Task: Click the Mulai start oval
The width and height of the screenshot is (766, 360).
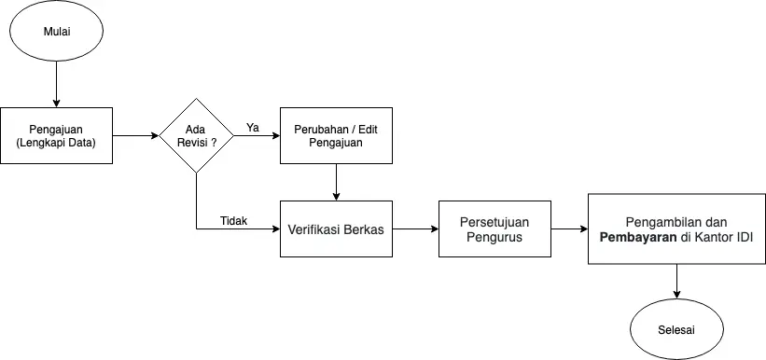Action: coord(56,33)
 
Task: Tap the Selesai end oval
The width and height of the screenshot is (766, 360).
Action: coord(676,331)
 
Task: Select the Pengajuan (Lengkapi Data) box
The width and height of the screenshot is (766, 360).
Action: coord(56,136)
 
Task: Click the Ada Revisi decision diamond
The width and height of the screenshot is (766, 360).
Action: coord(196,136)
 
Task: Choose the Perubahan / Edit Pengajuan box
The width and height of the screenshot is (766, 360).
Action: coord(336,136)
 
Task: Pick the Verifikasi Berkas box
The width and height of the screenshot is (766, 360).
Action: coord(336,228)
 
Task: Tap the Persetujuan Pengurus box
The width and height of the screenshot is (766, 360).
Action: coord(494,228)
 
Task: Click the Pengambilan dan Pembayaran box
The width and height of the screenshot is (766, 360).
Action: coord(675,229)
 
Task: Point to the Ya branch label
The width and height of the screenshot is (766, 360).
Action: coord(252,127)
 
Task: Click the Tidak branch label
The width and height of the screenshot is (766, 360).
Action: coord(233,220)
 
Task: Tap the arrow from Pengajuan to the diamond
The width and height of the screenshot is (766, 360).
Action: coord(135,136)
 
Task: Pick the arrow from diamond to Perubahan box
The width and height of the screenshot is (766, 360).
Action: coord(257,136)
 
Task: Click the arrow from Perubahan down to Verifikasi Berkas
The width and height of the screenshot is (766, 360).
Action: coord(336,182)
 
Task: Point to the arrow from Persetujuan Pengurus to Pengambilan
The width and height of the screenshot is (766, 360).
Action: coord(569,228)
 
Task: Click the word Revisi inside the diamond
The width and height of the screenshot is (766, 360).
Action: coord(191,144)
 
